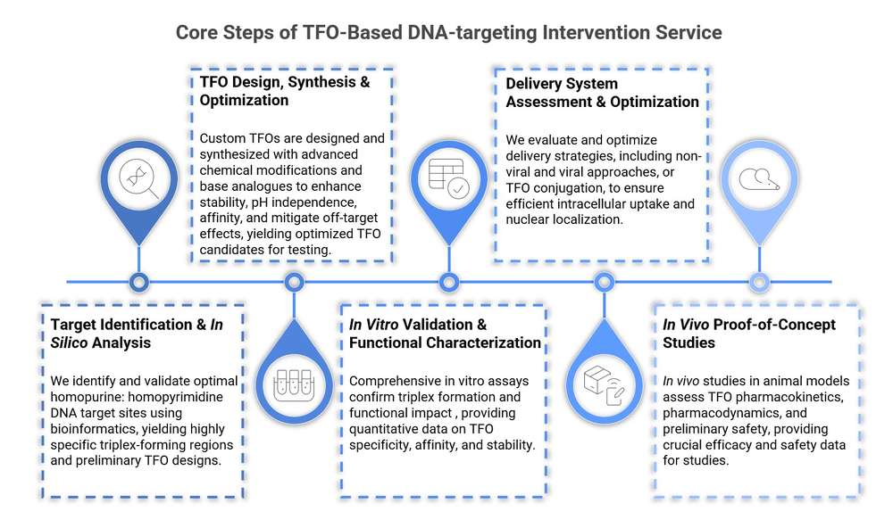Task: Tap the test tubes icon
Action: pyautogui.click(x=294, y=380)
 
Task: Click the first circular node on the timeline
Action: pyautogui.click(x=138, y=283)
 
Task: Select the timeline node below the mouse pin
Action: pyautogui.click(x=758, y=283)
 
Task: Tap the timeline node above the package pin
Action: pyautogui.click(x=604, y=283)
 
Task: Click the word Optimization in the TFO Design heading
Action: pyautogui.click(x=244, y=101)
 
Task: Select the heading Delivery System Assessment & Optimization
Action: pyautogui.click(x=601, y=93)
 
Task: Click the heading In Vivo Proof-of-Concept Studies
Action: pyautogui.click(x=748, y=334)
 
